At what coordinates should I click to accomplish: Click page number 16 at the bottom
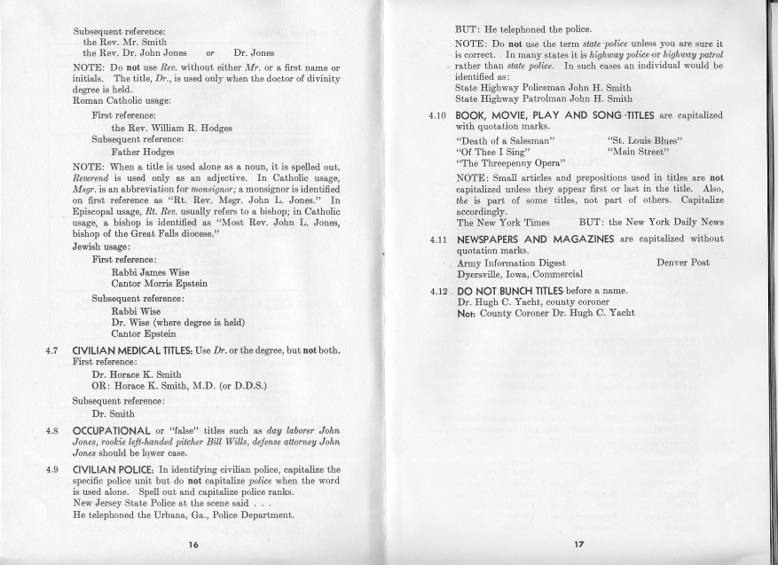click(193, 544)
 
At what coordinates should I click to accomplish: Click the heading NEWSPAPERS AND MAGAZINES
click(536, 239)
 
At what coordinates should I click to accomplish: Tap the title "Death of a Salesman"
click(505, 140)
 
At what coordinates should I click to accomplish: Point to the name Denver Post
click(682, 263)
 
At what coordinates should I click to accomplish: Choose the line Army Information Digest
click(511, 263)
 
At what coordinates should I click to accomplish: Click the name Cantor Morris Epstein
click(160, 283)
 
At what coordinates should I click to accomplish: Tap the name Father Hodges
click(142, 152)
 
